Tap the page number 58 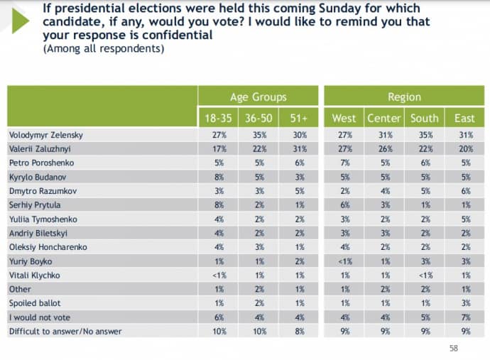coord(454,348)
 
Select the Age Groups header coord(258,97)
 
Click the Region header coord(404,97)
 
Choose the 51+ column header coord(298,118)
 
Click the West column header coord(344,118)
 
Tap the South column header coord(424,118)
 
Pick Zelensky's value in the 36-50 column coord(258,134)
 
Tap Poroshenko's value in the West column coord(344,162)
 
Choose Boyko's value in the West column coord(344,261)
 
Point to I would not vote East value coord(465,317)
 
